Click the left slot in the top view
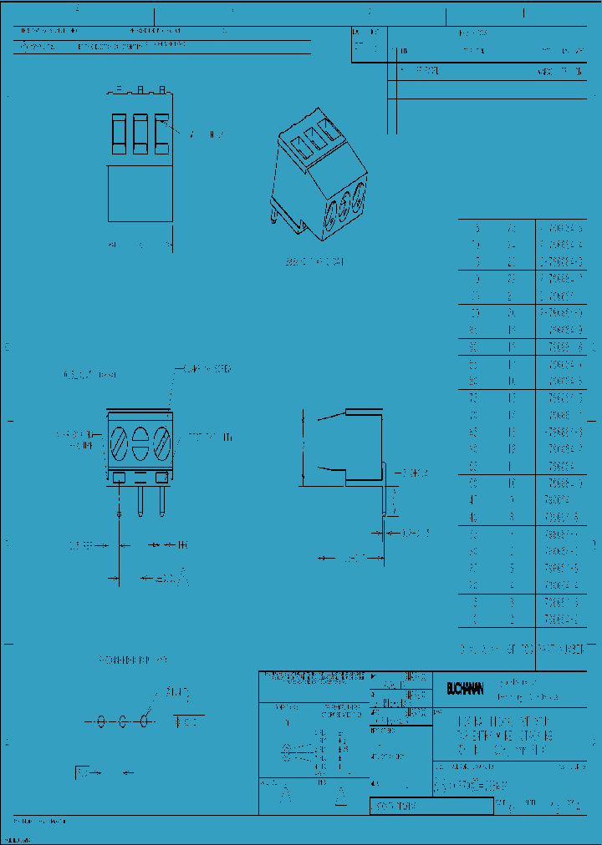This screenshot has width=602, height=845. (119, 134)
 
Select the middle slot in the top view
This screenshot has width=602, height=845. (140, 134)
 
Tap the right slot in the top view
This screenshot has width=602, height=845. (161, 134)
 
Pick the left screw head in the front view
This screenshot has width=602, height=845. (120, 442)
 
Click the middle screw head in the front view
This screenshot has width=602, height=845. (140, 442)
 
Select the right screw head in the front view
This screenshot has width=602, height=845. (161, 442)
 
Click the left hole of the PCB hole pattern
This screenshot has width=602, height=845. (102, 720)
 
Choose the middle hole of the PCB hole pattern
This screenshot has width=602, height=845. (123, 720)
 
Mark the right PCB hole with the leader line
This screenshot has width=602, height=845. (145, 719)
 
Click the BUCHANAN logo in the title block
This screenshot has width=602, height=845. (464, 689)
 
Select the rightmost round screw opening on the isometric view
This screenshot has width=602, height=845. (359, 200)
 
